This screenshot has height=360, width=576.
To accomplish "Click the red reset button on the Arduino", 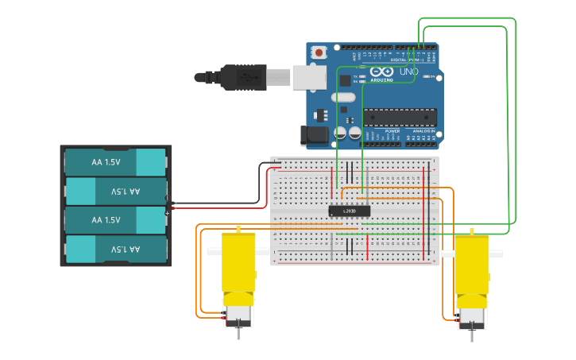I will [x=319, y=53].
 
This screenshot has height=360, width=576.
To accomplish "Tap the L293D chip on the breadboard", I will [x=350, y=211].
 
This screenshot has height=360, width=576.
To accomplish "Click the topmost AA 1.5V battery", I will [x=115, y=162].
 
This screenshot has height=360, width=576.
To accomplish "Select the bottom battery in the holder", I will [x=115, y=249].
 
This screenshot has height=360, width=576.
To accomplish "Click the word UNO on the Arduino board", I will [x=408, y=72].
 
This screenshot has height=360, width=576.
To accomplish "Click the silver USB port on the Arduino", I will [x=309, y=77].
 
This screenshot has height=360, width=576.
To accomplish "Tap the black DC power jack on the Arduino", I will [x=315, y=136].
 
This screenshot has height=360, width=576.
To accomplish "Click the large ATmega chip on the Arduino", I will [x=400, y=117].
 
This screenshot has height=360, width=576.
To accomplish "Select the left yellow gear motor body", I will [x=238, y=262].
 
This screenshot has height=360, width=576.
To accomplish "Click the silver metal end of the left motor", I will [x=239, y=315].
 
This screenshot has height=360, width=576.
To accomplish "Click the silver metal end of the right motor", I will [x=471, y=317].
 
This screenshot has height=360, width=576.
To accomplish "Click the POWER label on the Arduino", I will [x=392, y=131].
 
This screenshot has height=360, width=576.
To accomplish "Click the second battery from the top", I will [x=115, y=191].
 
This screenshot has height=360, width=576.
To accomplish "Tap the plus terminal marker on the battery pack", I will [x=168, y=212].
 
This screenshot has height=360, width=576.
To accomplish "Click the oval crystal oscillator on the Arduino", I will [x=343, y=98].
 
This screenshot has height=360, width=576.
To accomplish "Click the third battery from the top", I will [x=115, y=219].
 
